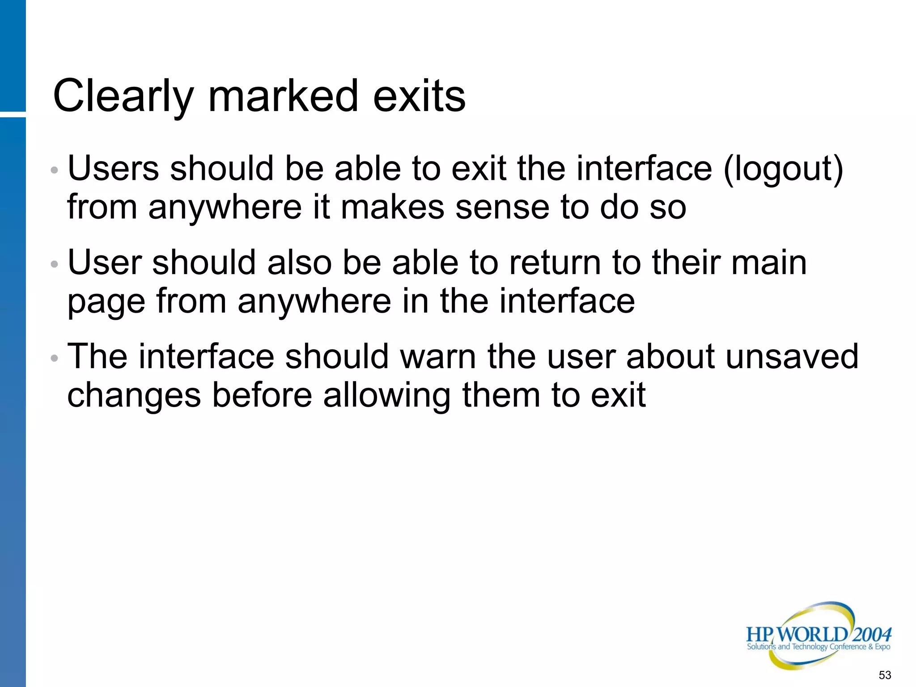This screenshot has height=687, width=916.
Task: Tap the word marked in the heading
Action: tap(284, 96)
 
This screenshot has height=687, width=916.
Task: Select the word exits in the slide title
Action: tap(419, 96)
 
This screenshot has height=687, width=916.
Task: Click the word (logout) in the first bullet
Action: tap(783, 170)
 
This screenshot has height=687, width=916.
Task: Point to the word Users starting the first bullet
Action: tap(113, 169)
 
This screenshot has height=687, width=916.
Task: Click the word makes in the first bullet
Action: tap(393, 208)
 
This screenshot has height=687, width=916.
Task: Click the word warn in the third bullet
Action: tap(438, 357)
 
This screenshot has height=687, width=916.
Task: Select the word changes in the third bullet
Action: tap(134, 396)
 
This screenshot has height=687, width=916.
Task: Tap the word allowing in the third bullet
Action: tap(387, 396)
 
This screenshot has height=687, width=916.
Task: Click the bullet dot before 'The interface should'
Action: tap(55, 358)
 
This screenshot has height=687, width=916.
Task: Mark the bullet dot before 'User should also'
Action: tap(55, 264)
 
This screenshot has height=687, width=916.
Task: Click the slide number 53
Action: tap(885, 675)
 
